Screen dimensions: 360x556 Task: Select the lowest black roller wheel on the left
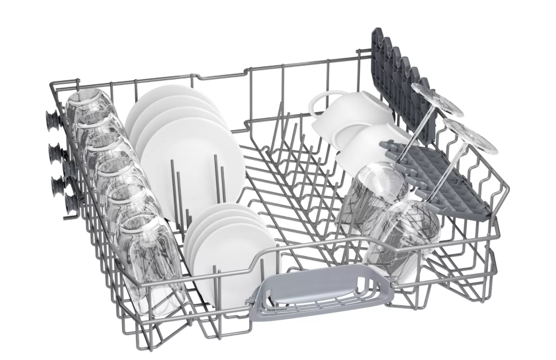point(70,204)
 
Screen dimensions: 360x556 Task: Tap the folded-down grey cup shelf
point(437,175)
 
